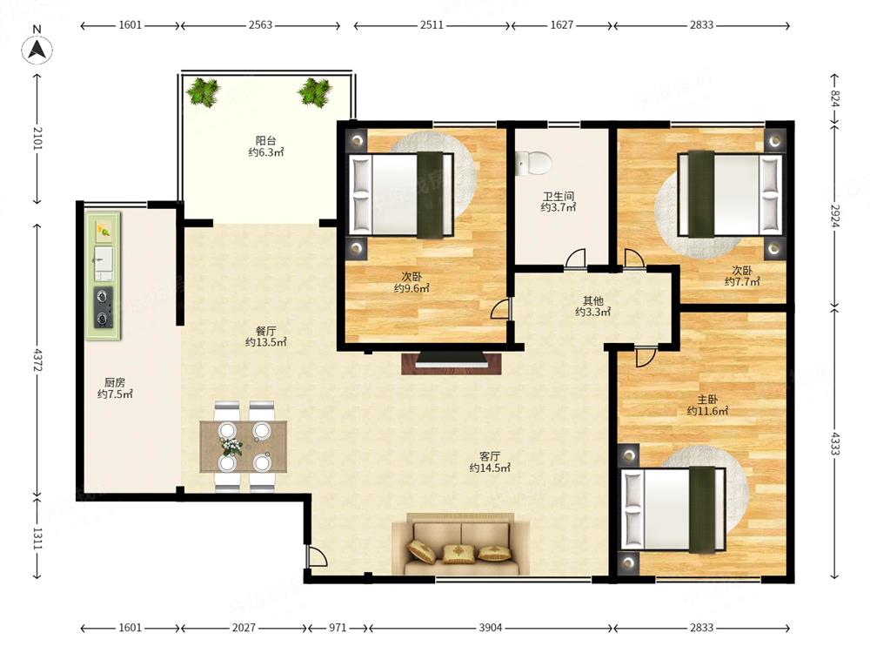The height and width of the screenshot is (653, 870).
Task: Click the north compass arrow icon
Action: (x=37, y=50)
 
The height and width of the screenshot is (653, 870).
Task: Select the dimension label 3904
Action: (x=491, y=628)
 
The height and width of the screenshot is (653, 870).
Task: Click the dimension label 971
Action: (x=338, y=628)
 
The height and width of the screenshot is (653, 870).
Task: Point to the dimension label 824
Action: (x=835, y=99)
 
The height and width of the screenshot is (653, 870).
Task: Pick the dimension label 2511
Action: (x=432, y=25)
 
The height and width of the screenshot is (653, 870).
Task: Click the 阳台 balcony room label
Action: (x=265, y=140)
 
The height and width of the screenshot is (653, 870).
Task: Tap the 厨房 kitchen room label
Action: (x=115, y=382)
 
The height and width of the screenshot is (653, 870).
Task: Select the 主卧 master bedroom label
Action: (x=707, y=400)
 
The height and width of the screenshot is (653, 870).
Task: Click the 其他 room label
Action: (x=592, y=300)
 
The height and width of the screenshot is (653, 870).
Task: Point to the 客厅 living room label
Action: (x=489, y=456)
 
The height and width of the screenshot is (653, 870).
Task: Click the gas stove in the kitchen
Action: (x=104, y=307)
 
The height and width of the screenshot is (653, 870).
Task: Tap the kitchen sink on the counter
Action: (x=104, y=263)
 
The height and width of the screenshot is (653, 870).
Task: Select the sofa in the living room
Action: (x=460, y=545)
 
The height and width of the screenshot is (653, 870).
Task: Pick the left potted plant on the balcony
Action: (x=203, y=92)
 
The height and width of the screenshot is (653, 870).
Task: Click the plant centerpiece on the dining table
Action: (x=232, y=445)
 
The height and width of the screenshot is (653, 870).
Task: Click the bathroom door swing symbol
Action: (x=575, y=259)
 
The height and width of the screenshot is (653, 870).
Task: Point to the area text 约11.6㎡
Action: (x=707, y=412)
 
